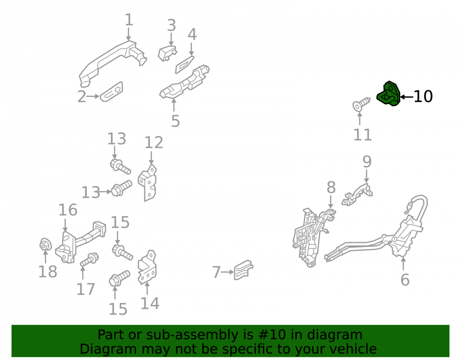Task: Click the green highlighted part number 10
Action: point(389,94)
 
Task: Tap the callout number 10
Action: point(423,96)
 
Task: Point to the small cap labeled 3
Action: point(167,53)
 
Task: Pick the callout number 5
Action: point(176,121)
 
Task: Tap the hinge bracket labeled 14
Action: point(148,267)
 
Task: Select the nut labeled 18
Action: point(45,244)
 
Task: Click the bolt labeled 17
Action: point(89,260)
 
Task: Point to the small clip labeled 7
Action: point(243,270)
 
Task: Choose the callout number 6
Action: point(405,279)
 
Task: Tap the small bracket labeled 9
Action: point(357,195)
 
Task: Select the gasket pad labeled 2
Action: point(112,91)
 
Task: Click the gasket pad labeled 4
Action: point(185,64)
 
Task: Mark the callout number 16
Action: point(68,210)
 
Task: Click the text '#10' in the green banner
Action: point(272,335)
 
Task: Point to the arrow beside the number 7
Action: point(227,272)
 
